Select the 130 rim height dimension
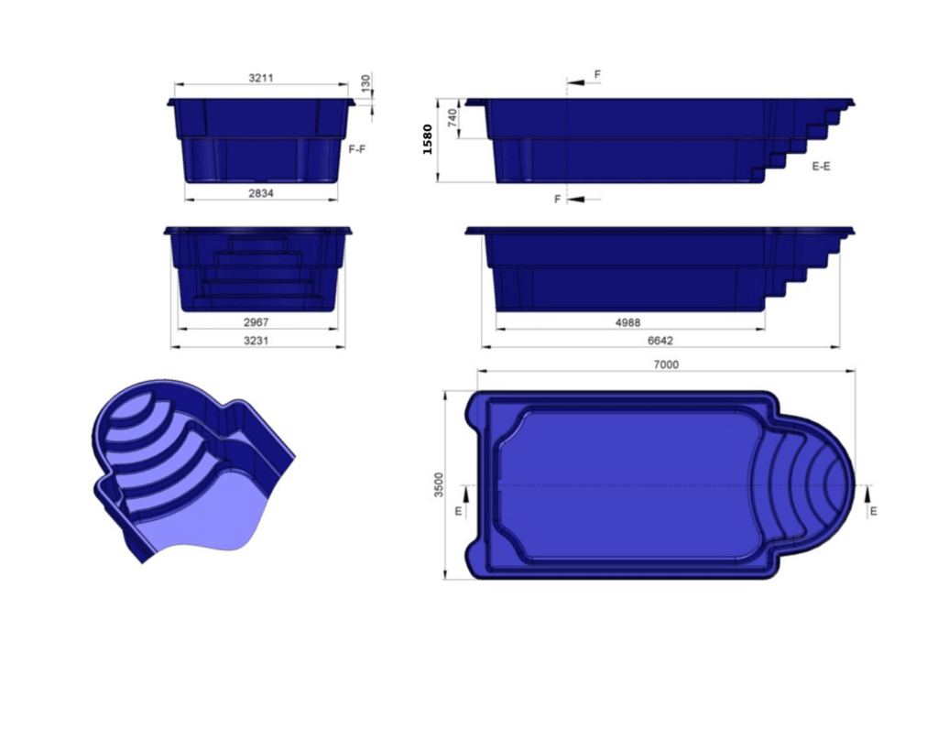pyautogui.click(x=366, y=83)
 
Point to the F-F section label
pyautogui.click(x=357, y=147)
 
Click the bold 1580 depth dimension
pyautogui.click(x=428, y=139)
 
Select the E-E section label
pyautogui.click(x=821, y=167)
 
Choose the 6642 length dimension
pyautogui.click(x=660, y=341)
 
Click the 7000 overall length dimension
pyautogui.click(x=666, y=364)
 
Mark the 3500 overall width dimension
pyautogui.click(x=439, y=485)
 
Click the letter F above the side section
pyautogui.click(x=597, y=73)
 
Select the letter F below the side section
pyautogui.click(x=557, y=199)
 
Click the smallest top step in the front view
pyautogui.click(x=258, y=246)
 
